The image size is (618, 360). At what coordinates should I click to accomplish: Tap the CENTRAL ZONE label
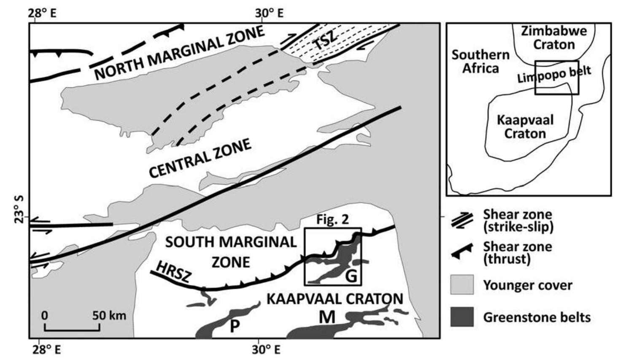tap(200, 159)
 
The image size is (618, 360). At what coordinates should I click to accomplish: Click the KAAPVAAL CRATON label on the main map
tap(335, 299)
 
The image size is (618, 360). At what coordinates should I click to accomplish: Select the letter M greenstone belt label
tap(327, 317)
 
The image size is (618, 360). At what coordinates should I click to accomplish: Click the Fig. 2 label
tap(333, 220)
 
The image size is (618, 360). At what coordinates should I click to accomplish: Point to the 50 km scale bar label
tap(109, 315)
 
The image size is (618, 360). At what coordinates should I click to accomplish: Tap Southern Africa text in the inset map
tap(480, 62)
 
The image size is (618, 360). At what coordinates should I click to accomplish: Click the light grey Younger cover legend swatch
tap(462, 285)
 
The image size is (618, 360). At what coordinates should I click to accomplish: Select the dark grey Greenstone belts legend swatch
tap(462, 317)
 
